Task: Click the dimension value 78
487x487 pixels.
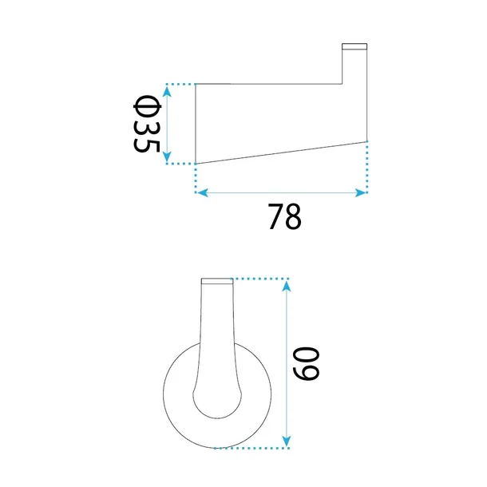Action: coord(284,217)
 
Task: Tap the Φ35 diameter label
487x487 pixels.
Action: coord(147,124)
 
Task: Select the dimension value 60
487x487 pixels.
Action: coord(307,364)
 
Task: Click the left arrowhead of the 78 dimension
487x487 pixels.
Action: coord(203,193)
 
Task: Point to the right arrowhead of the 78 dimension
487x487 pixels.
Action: coord(361,193)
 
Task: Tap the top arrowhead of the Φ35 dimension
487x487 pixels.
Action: coord(167,92)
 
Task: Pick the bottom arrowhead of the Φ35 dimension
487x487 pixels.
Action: coord(167,156)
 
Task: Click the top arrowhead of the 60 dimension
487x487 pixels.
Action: coord(287,286)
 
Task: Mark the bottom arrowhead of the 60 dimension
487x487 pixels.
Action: coord(287,441)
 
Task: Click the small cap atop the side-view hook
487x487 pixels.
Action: coord(354,46)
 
